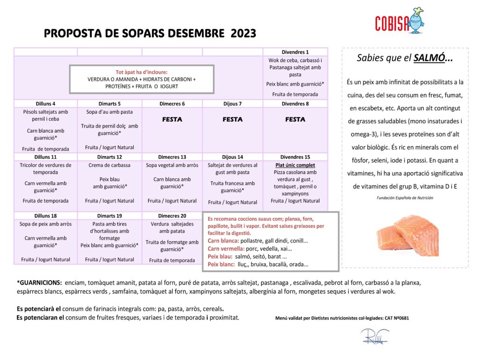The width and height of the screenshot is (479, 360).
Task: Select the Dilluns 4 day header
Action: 45,104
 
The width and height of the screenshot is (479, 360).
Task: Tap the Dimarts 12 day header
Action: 109,157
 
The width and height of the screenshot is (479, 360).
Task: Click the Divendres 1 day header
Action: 295,52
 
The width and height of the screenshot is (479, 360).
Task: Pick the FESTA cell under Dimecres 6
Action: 172,120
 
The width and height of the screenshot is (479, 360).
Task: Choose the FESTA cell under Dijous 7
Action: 232,120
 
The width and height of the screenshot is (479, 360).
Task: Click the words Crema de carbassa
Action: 109,165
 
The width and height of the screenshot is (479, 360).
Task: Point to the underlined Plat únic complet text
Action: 295,165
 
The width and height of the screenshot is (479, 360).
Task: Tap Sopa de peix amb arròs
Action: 45,224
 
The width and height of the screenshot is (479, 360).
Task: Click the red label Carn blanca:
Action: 223,241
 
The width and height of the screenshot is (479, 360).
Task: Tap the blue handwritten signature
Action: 374,337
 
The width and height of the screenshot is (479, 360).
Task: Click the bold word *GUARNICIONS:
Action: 39,283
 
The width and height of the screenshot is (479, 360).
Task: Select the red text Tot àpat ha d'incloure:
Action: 141,72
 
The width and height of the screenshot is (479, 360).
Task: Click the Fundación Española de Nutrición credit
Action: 405,198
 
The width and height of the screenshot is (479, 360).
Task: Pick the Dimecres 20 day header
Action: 172,216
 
